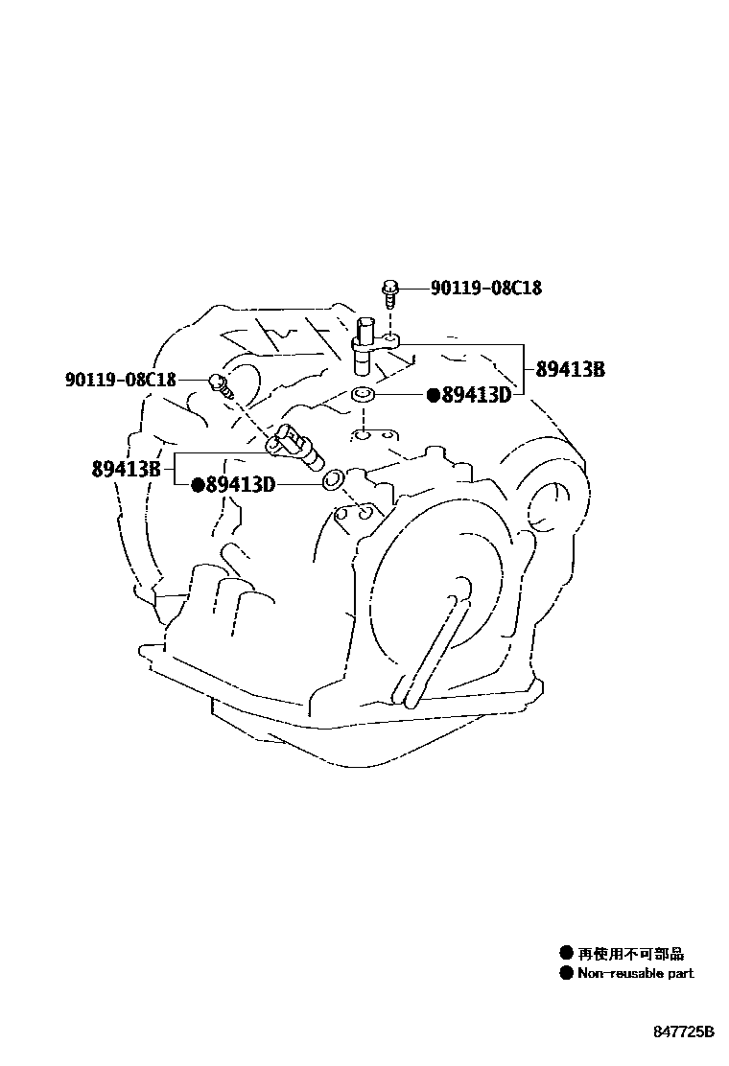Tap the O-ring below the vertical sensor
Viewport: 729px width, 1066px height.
[x=363, y=393]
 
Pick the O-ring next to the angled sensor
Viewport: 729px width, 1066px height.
[x=332, y=478]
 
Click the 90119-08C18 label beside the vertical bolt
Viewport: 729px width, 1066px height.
[x=485, y=288]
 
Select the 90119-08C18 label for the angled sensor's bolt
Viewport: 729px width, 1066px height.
[x=121, y=380]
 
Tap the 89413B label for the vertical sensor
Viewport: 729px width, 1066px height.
[x=570, y=370]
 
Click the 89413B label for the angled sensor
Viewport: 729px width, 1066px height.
[x=126, y=470]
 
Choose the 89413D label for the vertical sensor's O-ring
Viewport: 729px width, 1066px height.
[x=475, y=394]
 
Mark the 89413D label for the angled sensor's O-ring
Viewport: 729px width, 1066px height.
[x=240, y=485]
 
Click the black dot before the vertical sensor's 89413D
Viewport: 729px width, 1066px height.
[x=433, y=394]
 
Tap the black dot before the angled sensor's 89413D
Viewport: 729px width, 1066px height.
[x=198, y=485]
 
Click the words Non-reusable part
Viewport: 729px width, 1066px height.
[x=635, y=973]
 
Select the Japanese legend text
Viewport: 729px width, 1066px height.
[x=630, y=954]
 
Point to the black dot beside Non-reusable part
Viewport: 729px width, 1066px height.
[x=566, y=973]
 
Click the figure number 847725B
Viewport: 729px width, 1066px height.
[x=685, y=1032]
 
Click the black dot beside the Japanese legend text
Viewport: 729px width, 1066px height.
[x=566, y=954]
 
